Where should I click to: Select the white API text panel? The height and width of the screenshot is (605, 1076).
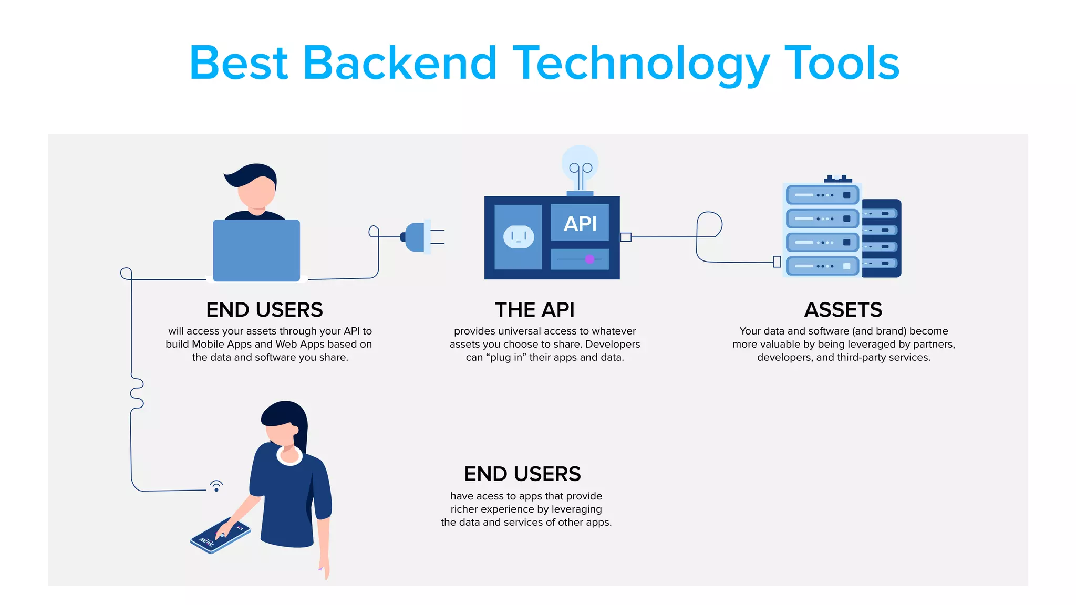click(580, 223)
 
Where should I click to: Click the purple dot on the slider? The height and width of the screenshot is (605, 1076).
click(589, 259)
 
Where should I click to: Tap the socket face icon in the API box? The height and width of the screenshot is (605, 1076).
click(519, 237)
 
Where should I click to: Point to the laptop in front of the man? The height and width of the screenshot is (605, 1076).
click(256, 251)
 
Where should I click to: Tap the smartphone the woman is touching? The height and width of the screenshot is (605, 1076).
click(221, 535)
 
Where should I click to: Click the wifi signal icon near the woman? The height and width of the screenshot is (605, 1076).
click(216, 486)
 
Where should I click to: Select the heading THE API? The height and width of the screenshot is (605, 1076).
click(534, 310)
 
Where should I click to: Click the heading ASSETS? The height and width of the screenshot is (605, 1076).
click(843, 310)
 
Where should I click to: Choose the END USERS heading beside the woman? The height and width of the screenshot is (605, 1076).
click(522, 474)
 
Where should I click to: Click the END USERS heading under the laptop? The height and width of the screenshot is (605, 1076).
click(264, 310)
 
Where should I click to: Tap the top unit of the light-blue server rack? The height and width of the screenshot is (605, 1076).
click(822, 195)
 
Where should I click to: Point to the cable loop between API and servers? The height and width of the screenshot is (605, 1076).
click(709, 225)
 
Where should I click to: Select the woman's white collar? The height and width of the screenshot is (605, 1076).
click(289, 457)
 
